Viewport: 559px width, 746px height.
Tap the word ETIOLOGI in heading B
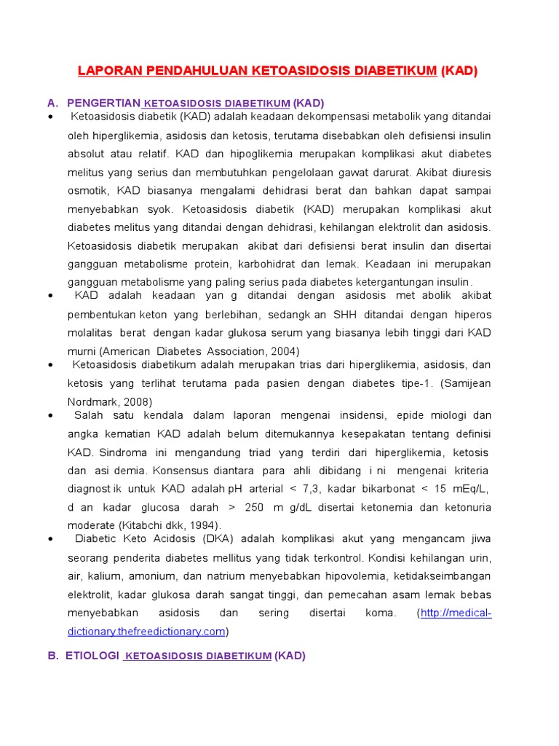point(92,656)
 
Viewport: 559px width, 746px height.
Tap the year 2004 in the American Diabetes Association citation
point(284,350)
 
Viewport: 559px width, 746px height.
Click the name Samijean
point(468,383)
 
